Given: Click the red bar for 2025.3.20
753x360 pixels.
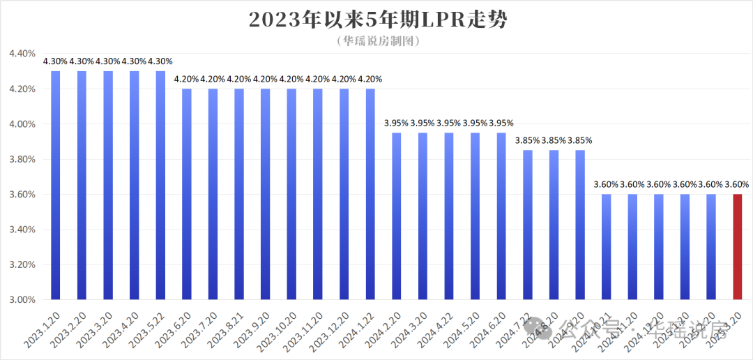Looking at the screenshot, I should tap(738, 247).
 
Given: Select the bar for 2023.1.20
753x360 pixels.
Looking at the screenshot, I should tap(55, 186).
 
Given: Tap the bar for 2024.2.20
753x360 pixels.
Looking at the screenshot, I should tap(397, 216).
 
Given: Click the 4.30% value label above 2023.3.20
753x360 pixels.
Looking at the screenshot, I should tap(108, 61).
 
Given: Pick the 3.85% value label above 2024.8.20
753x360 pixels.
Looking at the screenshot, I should tap(554, 140).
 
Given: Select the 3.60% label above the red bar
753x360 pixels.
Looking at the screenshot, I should tap(737, 185).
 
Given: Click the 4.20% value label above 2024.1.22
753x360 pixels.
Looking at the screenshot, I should tap(370, 79).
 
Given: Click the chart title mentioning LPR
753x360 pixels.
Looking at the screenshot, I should tap(377, 20).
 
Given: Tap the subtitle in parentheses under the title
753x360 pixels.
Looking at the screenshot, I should tap(377, 41).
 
